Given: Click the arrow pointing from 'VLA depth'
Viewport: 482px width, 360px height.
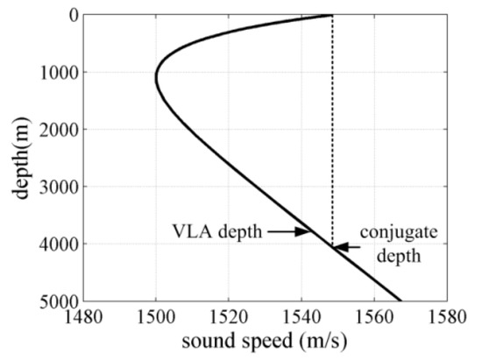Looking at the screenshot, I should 290,231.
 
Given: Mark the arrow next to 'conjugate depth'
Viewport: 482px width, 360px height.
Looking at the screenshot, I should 346,247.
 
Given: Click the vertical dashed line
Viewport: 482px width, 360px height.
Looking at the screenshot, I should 332,131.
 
